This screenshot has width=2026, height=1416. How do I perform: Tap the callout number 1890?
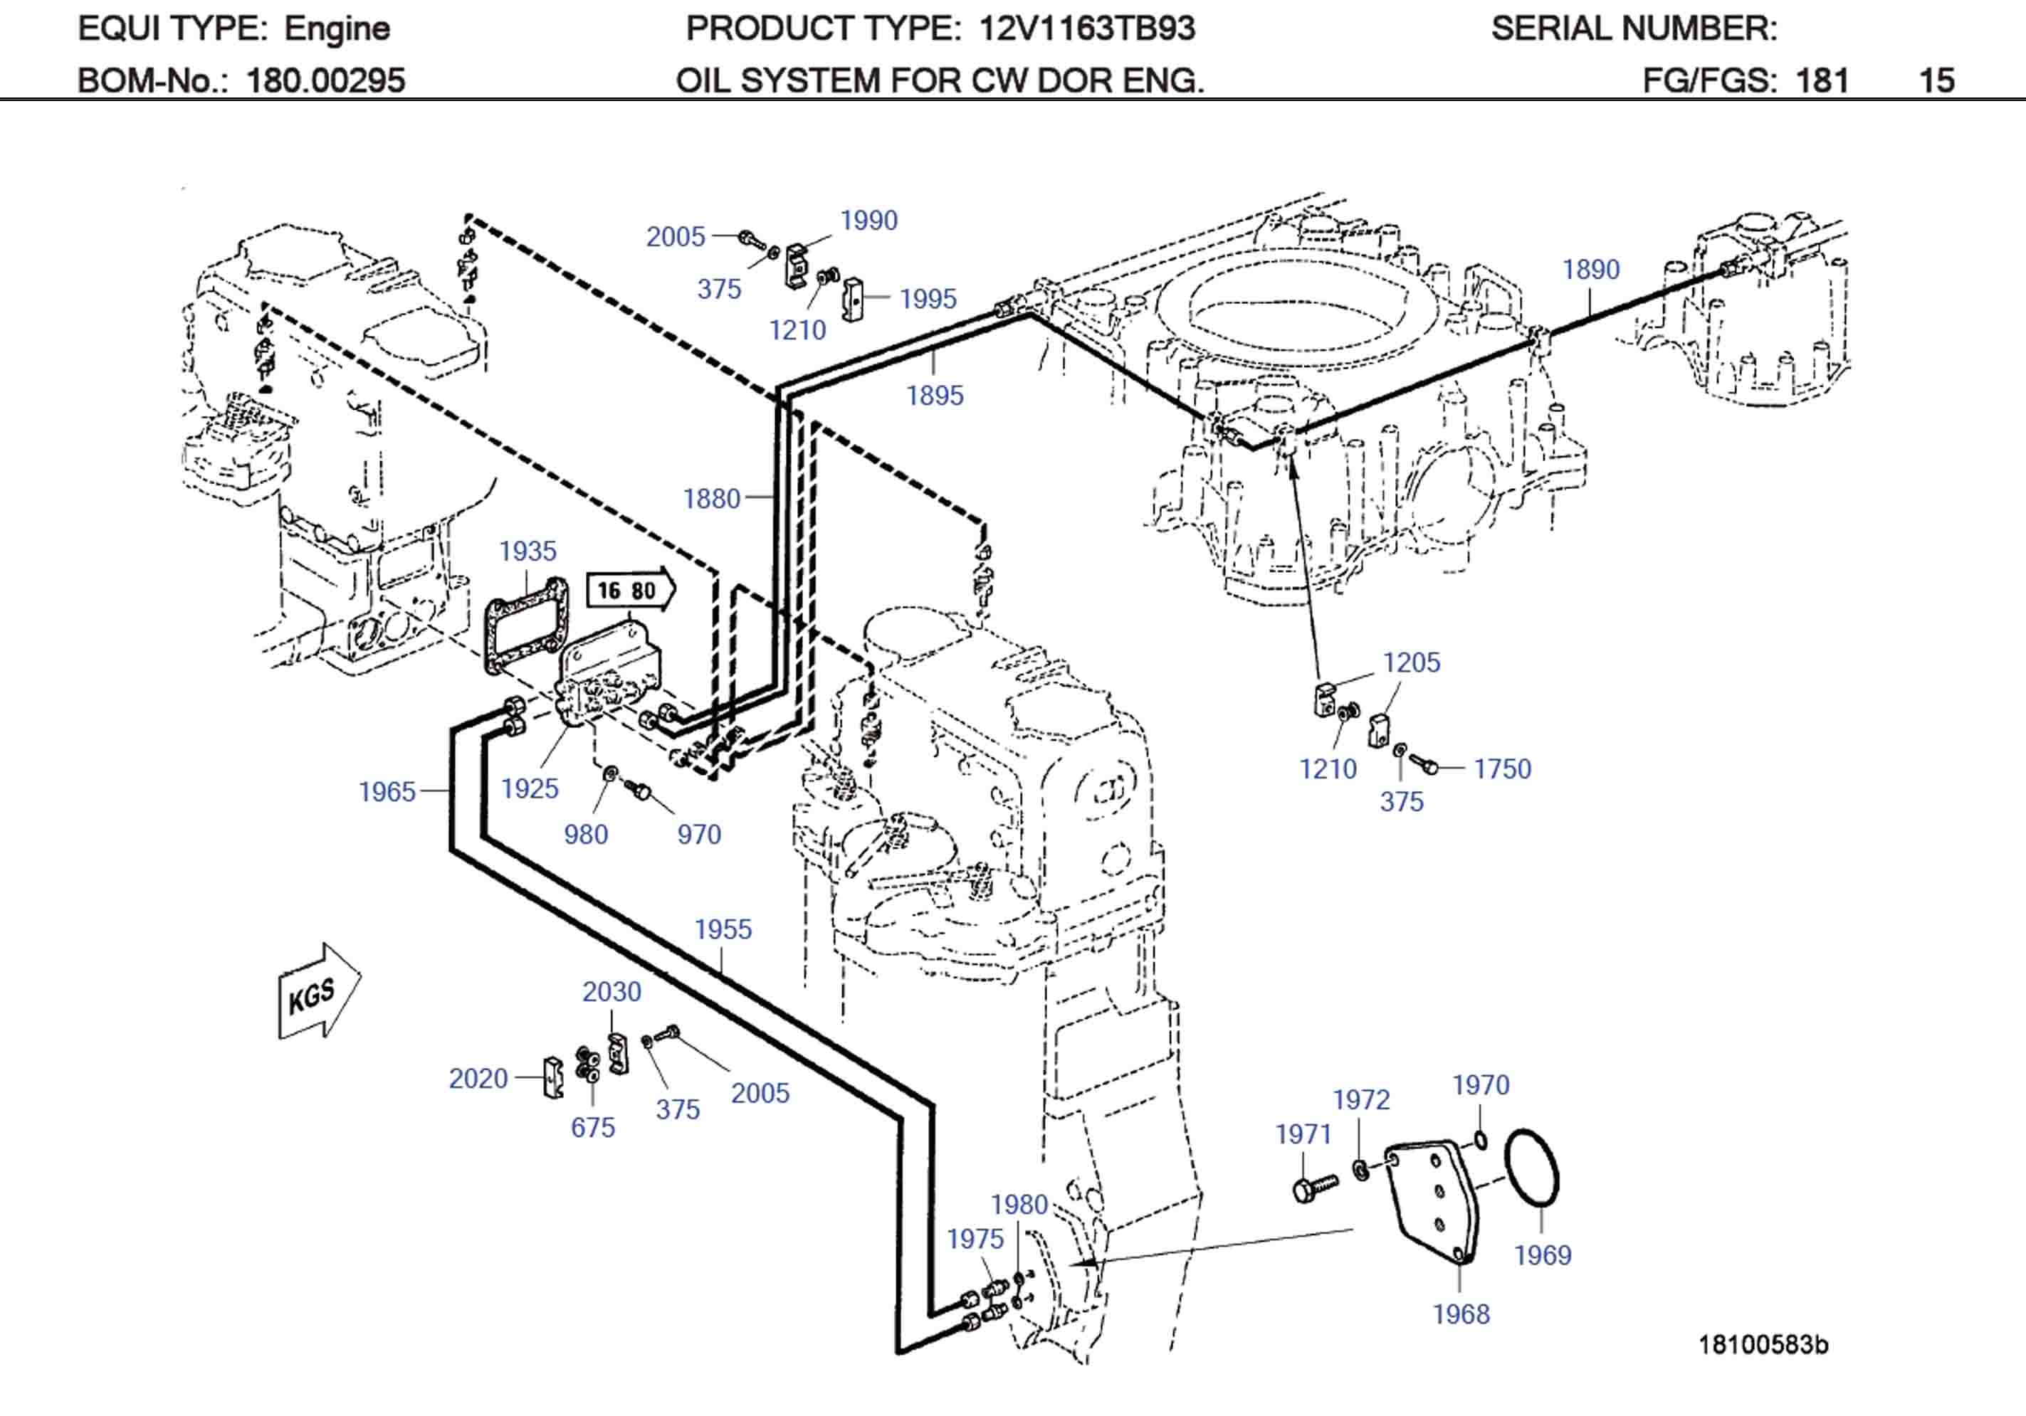tap(1590, 269)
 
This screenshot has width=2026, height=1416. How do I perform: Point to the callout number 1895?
tap(935, 395)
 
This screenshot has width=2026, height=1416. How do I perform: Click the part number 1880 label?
tap(711, 499)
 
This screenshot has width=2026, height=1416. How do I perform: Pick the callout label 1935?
tap(528, 551)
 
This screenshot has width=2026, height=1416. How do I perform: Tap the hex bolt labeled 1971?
tap(1313, 1187)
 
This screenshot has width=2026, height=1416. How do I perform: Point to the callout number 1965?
tap(387, 791)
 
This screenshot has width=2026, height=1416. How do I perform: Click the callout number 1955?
tap(723, 929)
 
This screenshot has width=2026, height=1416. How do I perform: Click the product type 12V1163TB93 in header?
tap(1087, 29)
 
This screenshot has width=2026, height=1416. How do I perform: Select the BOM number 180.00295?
tap(325, 80)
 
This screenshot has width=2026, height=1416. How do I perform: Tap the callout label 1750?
tap(1502, 768)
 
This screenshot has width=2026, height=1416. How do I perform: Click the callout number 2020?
tap(478, 1078)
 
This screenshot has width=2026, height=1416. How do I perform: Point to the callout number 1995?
tap(928, 298)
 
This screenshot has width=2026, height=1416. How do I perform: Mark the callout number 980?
tap(586, 834)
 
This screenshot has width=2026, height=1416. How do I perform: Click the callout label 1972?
tap(1360, 1099)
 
